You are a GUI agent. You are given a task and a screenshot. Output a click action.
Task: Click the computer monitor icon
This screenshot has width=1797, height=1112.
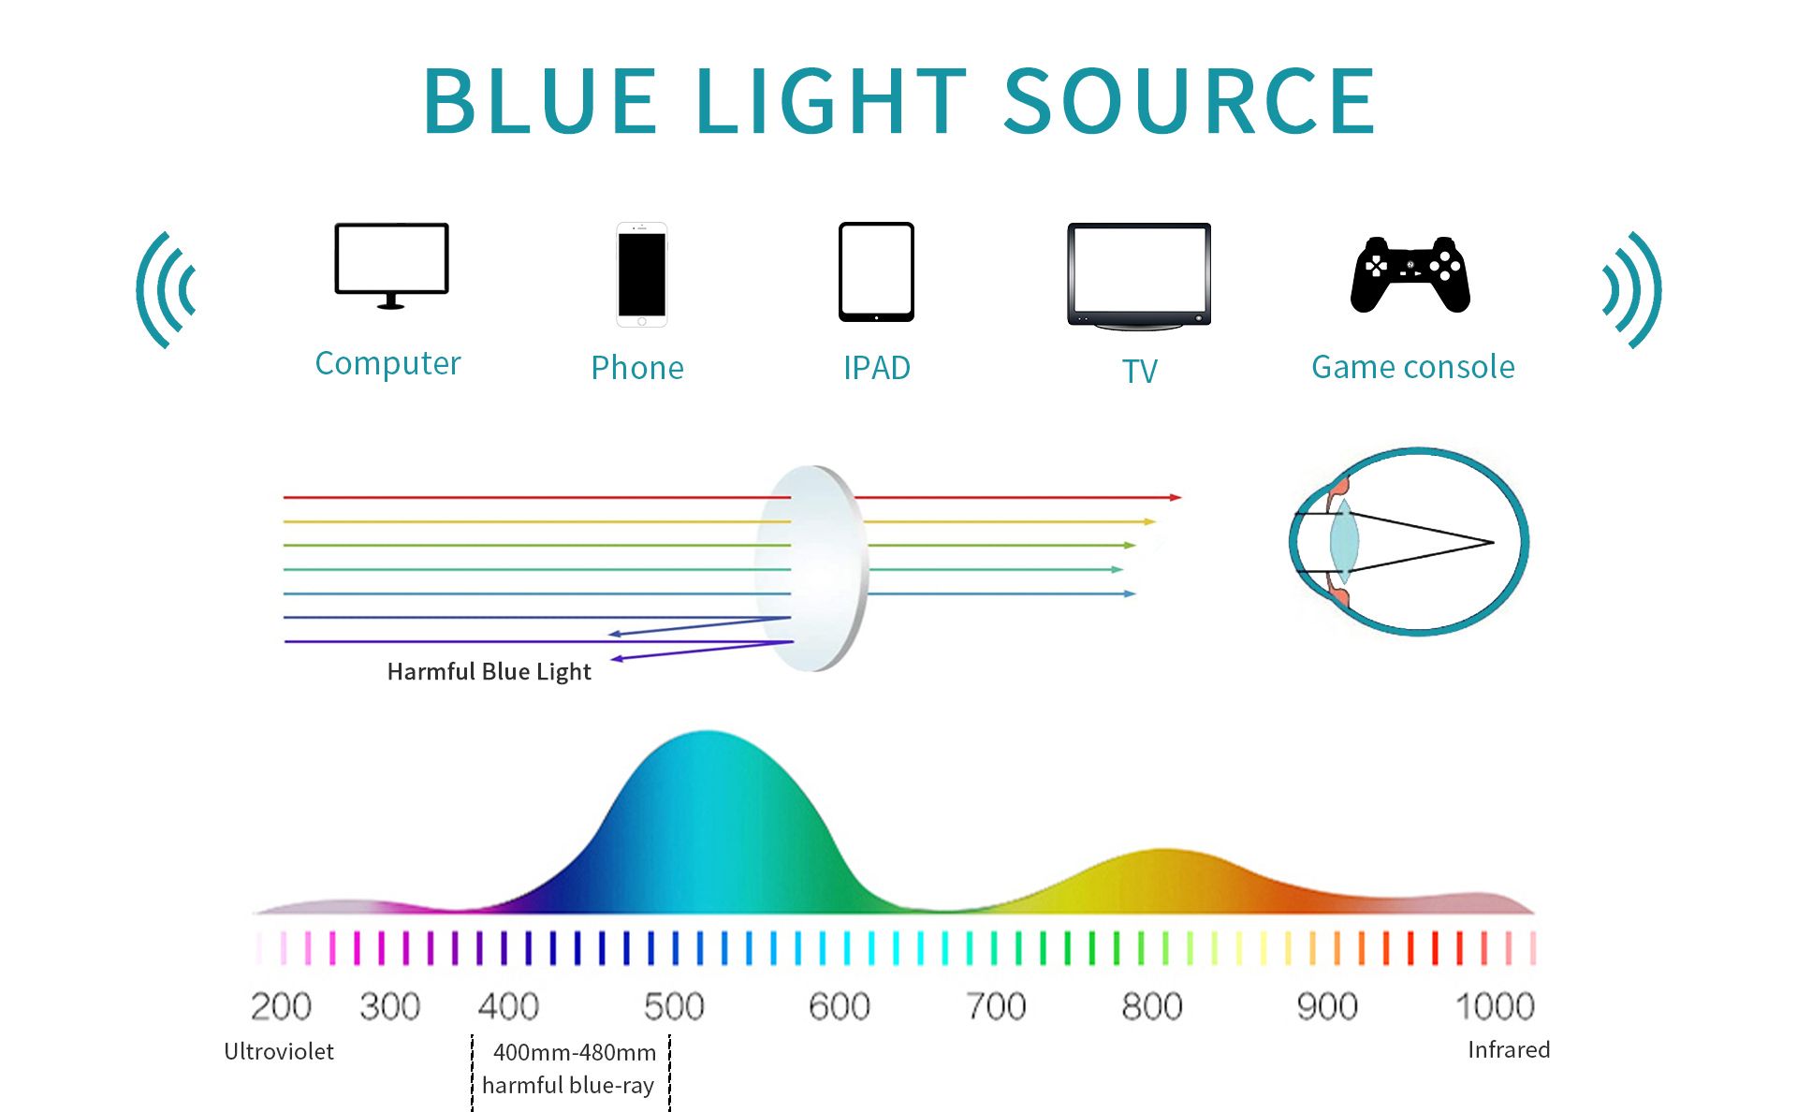[391, 266]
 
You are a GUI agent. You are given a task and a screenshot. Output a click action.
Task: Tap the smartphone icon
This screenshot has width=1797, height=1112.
[641, 274]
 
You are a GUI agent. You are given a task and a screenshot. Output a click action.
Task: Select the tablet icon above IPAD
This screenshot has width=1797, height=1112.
[876, 271]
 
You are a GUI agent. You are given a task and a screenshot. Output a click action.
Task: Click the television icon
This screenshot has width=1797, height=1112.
[1139, 276]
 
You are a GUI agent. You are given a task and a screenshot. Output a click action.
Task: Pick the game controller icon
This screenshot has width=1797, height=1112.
[1410, 274]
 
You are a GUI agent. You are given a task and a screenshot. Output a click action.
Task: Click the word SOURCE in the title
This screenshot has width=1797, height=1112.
[1189, 101]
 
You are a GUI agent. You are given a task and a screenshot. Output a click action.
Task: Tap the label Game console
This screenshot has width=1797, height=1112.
[1412, 367]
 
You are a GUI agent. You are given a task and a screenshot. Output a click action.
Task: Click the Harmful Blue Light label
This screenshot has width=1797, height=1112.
[489, 672]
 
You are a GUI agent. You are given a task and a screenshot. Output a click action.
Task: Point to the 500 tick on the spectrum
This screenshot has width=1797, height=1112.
[674, 1006]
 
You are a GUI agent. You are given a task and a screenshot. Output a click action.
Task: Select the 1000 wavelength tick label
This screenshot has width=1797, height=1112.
[1495, 1006]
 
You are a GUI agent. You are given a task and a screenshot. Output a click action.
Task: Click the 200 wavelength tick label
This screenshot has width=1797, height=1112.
[281, 1006]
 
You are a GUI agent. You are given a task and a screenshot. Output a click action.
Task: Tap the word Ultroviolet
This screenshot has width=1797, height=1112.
[279, 1051]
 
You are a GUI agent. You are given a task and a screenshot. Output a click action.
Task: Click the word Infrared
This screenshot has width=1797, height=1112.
[1509, 1049]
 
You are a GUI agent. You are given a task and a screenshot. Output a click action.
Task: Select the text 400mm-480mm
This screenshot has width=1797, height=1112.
[575, 1052]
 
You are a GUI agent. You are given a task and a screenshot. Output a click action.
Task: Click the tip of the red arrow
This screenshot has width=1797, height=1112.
[1182, 497]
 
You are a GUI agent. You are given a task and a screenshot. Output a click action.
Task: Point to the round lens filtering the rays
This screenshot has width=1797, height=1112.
[812, 568]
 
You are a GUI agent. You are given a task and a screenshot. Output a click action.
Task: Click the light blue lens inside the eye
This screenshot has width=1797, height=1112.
[1344, 541]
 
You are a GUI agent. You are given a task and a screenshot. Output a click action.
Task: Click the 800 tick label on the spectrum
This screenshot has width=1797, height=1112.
[1152, 1006]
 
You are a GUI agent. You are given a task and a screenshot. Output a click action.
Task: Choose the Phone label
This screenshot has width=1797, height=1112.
[637, 368]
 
